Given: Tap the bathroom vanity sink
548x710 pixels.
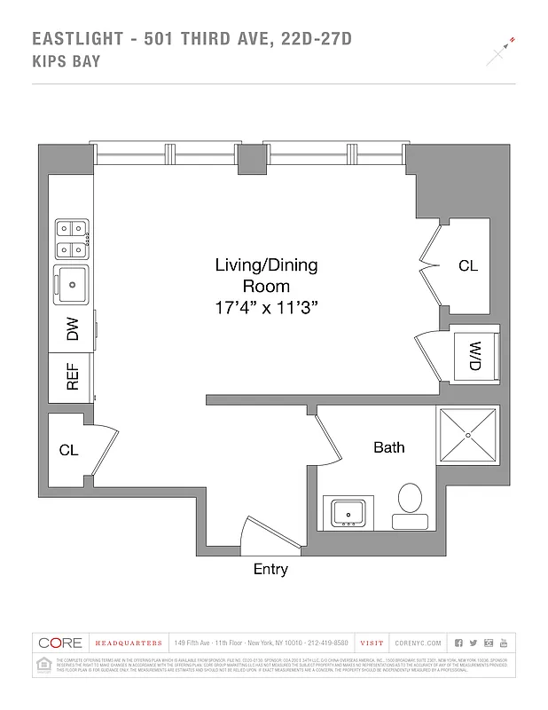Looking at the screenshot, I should click(347, 512).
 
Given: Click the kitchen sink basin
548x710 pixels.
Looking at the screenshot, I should click(71, 283).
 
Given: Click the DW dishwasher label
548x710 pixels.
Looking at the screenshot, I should click(73, 331).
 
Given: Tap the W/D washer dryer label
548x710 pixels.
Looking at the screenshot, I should click(474, 356).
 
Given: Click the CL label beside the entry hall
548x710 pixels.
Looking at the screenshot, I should click(69, 450).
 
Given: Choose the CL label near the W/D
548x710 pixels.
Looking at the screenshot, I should click(468, 265).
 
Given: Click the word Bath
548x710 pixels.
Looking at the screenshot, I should click(388, 447).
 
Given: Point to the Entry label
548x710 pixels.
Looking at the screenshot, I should click(270, 570).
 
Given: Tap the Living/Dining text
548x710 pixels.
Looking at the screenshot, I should click(266, 265).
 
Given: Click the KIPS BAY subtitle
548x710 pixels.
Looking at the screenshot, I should click(66, 61).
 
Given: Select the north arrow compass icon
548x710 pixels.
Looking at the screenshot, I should click(500, 53).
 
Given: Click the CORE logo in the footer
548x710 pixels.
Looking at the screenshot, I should click(59, 643).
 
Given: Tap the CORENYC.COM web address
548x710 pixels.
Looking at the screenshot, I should click(418, 643).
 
